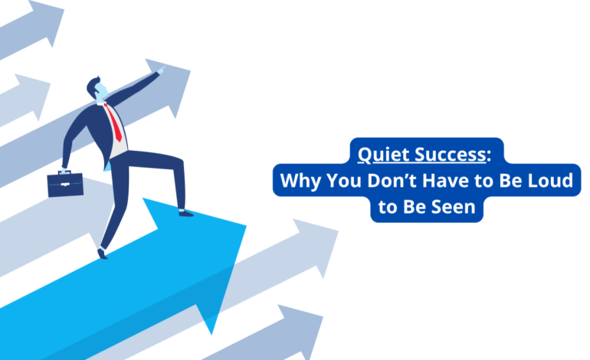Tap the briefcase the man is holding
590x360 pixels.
[64, 184]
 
